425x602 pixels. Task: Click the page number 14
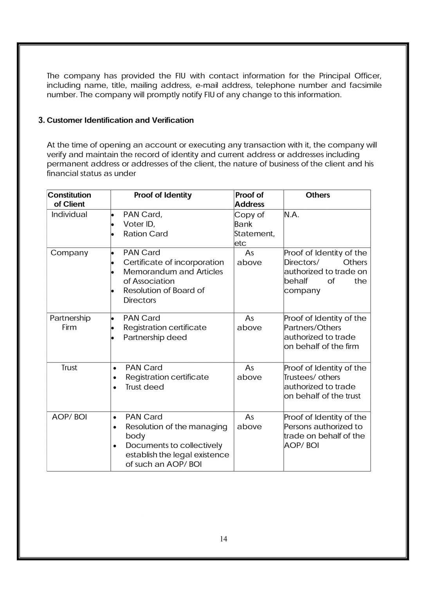(223, 539)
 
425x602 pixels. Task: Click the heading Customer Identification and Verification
(120, 120)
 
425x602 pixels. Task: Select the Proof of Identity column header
(163, 195)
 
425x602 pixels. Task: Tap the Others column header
(318, 195)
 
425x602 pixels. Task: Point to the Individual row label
(69, 214)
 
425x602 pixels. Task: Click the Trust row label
(69, 368)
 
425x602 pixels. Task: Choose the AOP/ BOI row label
(69, 417)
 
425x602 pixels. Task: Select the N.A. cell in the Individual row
(292, 215)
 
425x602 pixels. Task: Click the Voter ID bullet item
(139, 224)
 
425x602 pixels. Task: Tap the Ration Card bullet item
(145, 234)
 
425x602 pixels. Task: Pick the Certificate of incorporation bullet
(173, 262)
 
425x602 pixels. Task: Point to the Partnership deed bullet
(155, 337)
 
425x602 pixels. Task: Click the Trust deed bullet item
(144, 387)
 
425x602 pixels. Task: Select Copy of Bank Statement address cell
(254, 229)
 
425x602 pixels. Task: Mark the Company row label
(69, 253)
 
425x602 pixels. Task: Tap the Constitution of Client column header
(69, 199)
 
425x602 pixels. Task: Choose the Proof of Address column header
(249, 199)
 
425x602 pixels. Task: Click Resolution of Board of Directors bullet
(164, 295)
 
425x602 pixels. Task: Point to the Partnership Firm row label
(70, 323)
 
